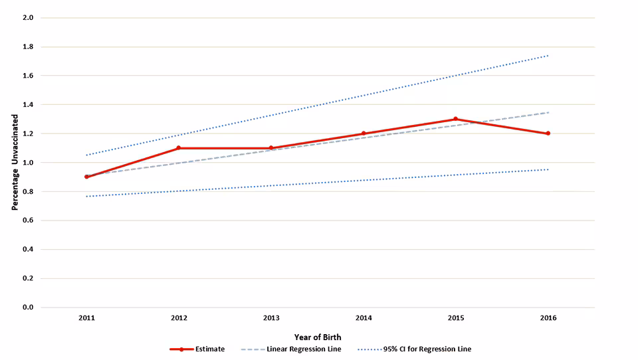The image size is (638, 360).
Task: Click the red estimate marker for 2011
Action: pos(86,177)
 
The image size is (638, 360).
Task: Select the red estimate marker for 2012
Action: pos(179,148)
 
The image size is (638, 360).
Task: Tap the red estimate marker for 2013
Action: pos(271,148)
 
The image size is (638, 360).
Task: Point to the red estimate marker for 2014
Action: pos(364,134)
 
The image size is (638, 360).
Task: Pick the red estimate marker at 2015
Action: pos(455,119)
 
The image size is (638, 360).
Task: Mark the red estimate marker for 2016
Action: pos(548,134)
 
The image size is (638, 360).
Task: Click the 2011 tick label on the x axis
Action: pos(86,318)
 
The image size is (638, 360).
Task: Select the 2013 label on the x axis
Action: pos(271,318)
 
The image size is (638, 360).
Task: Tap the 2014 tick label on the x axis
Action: pos(364,318)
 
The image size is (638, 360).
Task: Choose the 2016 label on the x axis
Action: pos(548,318)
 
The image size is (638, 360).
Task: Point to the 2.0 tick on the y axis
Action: pos(28,18)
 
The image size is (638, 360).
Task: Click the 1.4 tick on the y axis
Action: pos(28,105)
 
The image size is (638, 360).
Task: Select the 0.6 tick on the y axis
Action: pos(28,221)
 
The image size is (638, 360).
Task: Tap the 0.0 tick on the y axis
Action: pos(28,308)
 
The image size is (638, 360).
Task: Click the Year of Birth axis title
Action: pos(318,337)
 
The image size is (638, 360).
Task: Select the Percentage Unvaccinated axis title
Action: pos(15,163)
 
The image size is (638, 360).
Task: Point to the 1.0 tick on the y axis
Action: pos(28,163)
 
